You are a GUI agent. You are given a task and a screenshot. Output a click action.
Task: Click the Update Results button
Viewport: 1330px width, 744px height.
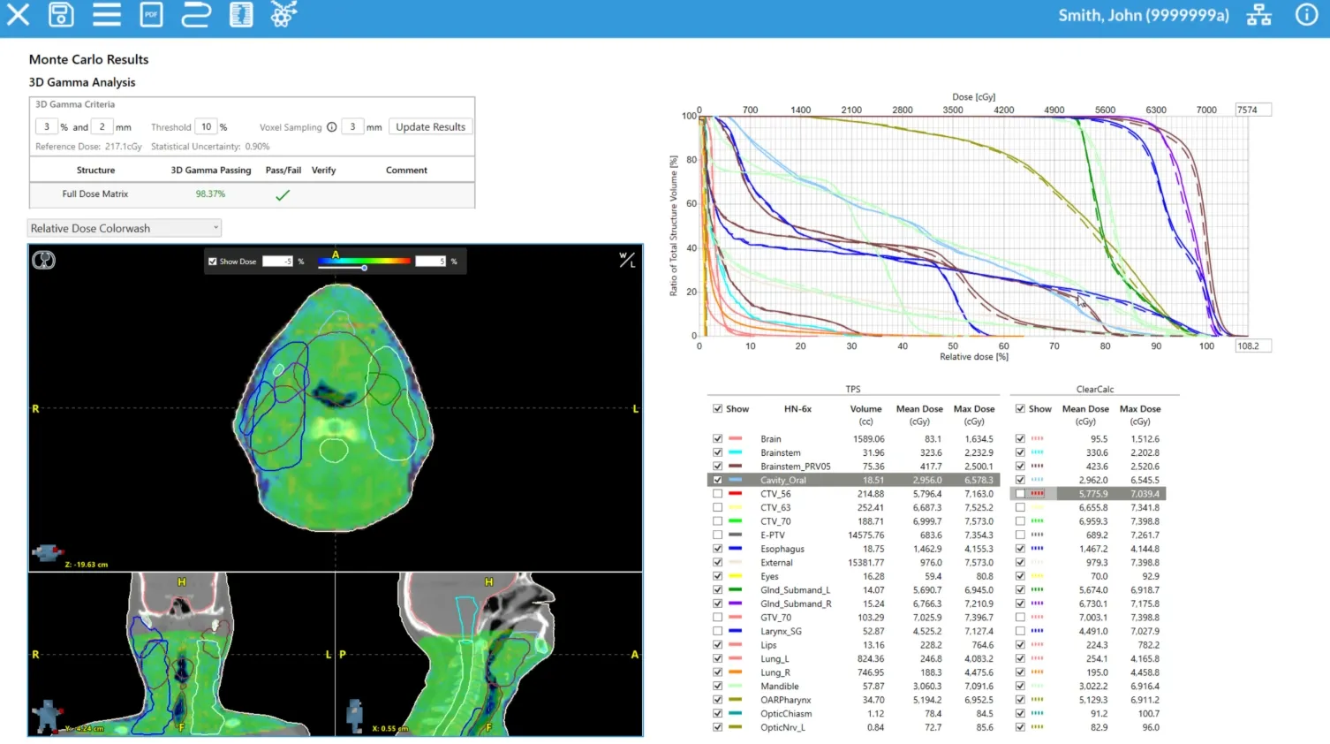(x=430, y=127)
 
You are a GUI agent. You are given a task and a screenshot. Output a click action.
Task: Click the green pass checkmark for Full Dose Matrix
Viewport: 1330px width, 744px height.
(x=283, y=195)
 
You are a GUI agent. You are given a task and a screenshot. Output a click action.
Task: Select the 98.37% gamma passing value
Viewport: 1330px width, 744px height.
(x=210, y=194)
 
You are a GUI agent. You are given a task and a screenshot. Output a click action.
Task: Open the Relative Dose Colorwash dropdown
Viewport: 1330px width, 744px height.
(x=124, y=228)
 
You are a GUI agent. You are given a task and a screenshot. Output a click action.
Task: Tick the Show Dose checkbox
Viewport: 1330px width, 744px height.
(x=213, y=262)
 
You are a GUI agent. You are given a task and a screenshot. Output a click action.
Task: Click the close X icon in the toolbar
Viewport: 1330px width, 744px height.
(x=18, y=15)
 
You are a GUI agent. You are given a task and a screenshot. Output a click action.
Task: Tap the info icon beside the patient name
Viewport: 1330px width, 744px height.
(x=1306, y=15)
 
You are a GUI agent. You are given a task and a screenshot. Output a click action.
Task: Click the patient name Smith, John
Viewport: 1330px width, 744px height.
(x=1143, y=15)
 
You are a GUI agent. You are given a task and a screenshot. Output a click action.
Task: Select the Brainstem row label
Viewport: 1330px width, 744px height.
(x=780, y=452)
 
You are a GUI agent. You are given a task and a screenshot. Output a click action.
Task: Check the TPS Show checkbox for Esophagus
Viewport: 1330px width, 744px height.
(x=717, y=549)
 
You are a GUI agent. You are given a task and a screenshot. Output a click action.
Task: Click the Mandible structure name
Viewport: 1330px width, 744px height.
(x=779, y=687)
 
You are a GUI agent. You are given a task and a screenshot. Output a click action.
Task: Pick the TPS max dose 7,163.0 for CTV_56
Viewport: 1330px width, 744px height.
(x=979, y=494)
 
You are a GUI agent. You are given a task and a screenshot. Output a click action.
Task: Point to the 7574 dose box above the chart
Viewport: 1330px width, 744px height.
(x=1252, y=110)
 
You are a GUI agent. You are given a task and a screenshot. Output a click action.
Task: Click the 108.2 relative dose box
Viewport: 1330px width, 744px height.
(x=1252, y=346)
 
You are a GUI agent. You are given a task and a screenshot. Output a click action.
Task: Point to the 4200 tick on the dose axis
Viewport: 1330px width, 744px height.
(x=1003, y=110)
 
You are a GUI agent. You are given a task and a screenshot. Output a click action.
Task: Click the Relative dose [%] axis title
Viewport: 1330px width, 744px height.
(x=973, y=357)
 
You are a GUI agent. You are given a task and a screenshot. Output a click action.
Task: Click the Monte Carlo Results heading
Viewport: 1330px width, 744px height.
(x=88, y=59)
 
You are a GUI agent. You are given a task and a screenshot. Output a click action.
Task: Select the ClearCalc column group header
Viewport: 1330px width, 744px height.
(x=1094, y=390)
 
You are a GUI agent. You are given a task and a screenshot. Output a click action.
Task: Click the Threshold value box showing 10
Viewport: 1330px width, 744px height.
(x=206, y=127)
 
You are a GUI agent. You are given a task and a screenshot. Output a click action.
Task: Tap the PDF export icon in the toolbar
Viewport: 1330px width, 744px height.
(x=151, y=15)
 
